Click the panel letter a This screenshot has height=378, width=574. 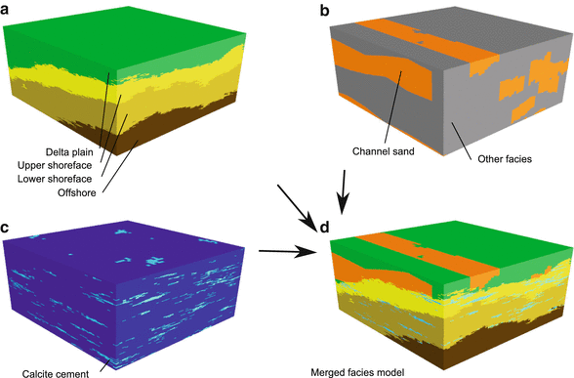[x=9, y=9]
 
